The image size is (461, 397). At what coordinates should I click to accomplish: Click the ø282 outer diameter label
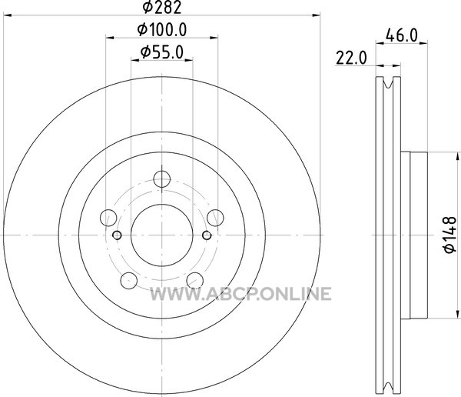click(x=161, y=8)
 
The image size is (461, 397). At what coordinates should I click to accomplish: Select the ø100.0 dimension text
click(x=162, y=29)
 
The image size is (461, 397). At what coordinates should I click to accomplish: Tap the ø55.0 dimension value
click(x=162, y=52)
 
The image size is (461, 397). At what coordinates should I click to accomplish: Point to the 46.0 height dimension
click(x=401, y=35)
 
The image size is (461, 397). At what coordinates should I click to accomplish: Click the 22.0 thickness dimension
click(x=351, y=58)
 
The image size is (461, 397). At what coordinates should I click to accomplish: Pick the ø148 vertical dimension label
click(x=449, y=235)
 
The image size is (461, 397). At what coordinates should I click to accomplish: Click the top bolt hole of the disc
click(x=162, y=178)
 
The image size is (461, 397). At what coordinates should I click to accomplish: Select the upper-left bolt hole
click(x=108, y=218)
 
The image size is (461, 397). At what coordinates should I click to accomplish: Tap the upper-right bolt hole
click(x=215, y=218)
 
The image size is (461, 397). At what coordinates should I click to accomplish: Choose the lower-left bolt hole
click(x=129, y=281)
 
